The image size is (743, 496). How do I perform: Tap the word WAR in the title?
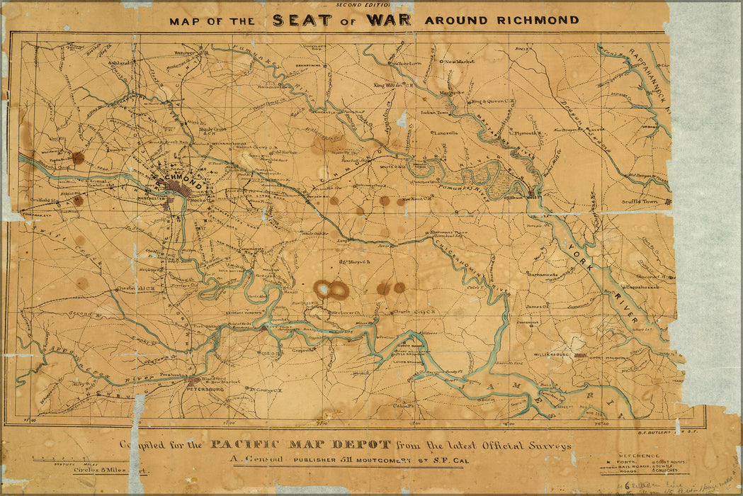pyautogui.click(x=388, y=20)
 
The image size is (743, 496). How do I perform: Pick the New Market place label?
pyautogui.click(x=460, y=62)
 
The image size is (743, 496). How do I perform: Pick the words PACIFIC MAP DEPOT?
pyautogui.click(x=300, y=445)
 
